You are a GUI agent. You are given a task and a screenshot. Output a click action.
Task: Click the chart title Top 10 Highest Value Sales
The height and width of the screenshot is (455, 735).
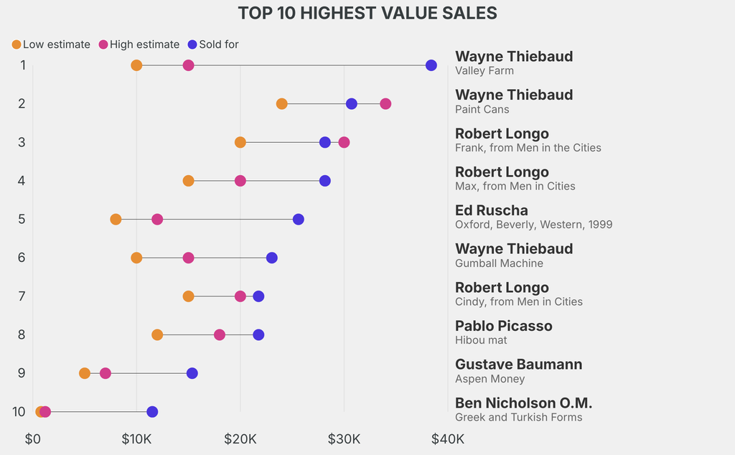coord(367,13)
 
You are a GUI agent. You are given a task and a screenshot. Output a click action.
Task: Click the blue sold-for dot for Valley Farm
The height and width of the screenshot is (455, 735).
coord(431,65)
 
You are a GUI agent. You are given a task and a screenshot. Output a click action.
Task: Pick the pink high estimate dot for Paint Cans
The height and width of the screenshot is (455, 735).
coord(385,104)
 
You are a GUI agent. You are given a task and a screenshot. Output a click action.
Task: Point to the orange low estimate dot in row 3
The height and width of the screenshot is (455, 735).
coord(240,142)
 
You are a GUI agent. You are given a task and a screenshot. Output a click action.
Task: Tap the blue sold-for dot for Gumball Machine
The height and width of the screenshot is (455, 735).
coord(271,258)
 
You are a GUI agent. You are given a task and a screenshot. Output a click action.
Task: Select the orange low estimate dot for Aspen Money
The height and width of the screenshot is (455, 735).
coord(85,373)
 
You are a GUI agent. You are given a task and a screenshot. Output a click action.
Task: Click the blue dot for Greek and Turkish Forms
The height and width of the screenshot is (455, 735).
coord(152,412)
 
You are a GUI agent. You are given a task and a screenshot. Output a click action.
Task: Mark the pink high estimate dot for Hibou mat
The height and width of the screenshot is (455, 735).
coord(220,334)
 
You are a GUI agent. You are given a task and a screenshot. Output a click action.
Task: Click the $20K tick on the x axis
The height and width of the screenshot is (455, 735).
coord(240,438)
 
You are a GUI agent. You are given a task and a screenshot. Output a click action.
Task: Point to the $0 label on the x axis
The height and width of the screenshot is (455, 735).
coord(33,438)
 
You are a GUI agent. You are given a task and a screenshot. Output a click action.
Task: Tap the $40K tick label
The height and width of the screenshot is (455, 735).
coord(447,438)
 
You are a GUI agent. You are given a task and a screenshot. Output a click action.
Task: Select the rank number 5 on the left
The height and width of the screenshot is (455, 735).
coord(22,219)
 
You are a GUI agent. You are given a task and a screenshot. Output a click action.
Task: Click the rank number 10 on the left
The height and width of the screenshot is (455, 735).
coord(19,412)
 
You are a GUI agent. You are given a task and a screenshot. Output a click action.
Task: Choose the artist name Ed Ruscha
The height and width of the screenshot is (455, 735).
coord(492,210)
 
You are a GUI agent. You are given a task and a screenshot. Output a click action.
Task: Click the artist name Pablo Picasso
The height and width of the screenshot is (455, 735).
coord(504,326)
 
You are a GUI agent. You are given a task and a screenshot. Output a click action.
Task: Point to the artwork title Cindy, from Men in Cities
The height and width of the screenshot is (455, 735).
coord(519,301)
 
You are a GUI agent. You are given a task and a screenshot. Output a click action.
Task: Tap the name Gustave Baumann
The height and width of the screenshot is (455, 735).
coord(519,364)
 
